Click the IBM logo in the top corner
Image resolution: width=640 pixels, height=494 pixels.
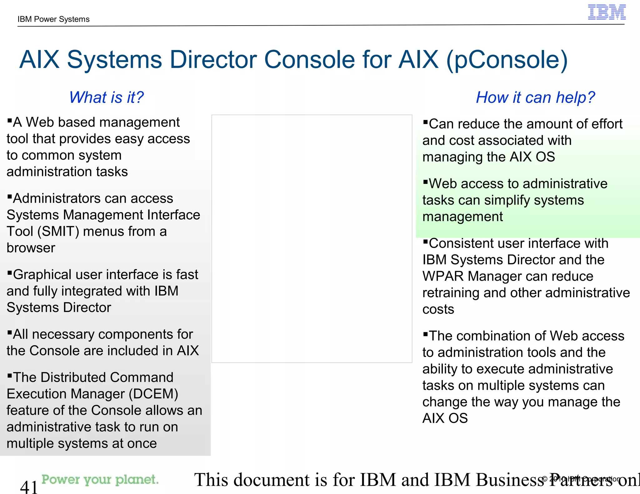[x=607, y=12]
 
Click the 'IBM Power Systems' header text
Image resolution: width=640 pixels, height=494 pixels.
[x=53, y=19]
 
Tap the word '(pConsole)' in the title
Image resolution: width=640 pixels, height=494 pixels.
[x=507, y=60]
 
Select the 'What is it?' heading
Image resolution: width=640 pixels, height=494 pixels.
[x=106, y=97]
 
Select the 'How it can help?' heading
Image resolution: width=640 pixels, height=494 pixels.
[x=535, y=97]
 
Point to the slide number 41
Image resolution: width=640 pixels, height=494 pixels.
[x=29, y=487]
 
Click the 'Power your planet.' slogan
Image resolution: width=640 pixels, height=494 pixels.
[x=100, y=479]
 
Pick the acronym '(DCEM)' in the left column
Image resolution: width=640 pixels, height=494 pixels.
[x=153, y=394]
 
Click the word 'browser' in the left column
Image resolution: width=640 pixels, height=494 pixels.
[x=31, y=248]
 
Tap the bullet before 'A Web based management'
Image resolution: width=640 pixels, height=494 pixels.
[x=10, y=120]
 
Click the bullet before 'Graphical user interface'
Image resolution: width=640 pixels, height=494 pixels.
[x=10, y=272]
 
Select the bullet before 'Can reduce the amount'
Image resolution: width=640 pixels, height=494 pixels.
[x=425, y=121]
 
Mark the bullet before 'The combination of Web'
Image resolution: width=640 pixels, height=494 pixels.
[x=425, y=333]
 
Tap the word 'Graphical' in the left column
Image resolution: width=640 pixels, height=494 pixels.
[x=42, y=275]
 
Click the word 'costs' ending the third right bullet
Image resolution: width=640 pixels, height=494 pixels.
[x=438, y=309]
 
